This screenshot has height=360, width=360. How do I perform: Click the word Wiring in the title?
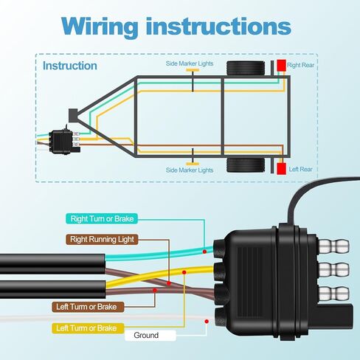tap(100, 27)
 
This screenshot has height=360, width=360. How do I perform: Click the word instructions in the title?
tap(218, 26)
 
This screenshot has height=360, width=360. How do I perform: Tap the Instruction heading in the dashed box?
tap(70, 66)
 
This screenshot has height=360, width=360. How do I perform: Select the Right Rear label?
tap(300, 65)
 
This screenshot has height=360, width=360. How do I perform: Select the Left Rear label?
tap(300, 169)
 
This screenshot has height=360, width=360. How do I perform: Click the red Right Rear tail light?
tap(282, 65)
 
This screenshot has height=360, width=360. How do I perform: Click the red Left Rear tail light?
tap(281, 169)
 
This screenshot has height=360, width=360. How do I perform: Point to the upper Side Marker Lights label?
tap(190, 63)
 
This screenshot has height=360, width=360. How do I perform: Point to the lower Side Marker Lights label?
tap(190, 170)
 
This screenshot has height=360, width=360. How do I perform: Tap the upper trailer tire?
tap(246, 68)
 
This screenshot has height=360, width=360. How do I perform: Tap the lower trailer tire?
tap(246, 165)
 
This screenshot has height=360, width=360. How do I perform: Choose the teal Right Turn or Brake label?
tap(102, 218)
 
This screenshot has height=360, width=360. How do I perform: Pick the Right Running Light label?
tap(102, 239)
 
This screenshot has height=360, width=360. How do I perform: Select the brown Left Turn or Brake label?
tap(88, 307)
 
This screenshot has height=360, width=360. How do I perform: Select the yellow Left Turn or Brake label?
tap(88, 328)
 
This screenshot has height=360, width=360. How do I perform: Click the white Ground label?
tap(150, 336)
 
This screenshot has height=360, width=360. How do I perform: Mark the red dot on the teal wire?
tap(204, 252)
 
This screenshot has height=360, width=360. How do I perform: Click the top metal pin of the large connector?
tap(334, 246)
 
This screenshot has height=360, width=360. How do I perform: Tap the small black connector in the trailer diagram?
tap(61, 142)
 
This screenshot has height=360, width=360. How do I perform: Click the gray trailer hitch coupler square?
tap(73, 115)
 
